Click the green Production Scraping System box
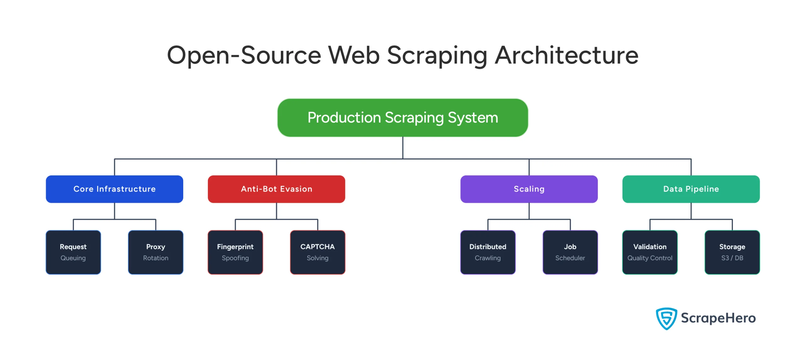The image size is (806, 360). point(402,117)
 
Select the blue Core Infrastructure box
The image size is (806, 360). point(114,189)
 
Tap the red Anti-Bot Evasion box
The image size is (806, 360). point(276,189)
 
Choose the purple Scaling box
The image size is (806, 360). point(529,189)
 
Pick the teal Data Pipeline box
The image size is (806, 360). point(691,189)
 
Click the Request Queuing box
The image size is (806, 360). point(73,252)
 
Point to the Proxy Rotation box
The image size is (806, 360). point(156,252)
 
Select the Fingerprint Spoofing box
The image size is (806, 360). point(235,252)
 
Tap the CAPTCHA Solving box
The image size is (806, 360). point(317,252)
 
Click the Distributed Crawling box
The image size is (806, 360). point(488,252)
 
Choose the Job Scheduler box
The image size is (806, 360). point(570,252)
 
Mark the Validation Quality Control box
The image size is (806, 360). point(650,252)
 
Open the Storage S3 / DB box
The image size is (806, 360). point(732,252)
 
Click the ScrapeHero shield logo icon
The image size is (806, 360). point(666,318)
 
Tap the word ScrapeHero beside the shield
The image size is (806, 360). point(718,318)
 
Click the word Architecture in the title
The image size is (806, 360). point(566,55)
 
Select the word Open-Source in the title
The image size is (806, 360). point(244,55)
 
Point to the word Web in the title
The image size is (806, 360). point(354,55)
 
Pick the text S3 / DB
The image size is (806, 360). point(732,258)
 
